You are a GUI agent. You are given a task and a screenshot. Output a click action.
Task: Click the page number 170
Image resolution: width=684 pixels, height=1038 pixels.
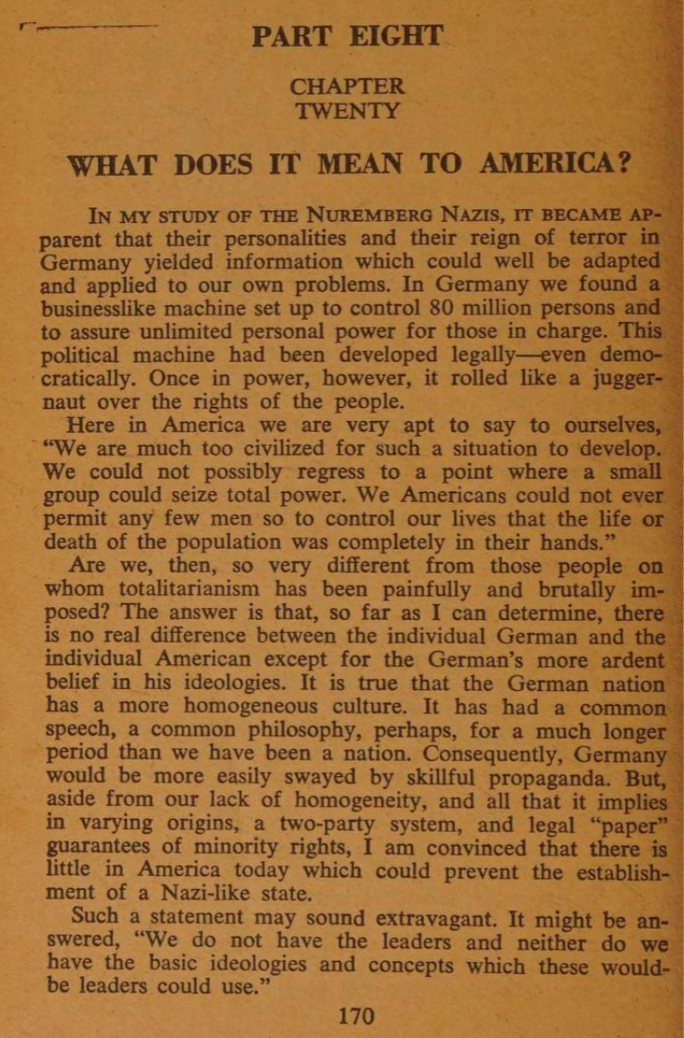pos(356,1017)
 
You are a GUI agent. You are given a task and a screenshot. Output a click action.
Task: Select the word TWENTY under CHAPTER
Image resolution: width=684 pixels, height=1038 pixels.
pos(348,112)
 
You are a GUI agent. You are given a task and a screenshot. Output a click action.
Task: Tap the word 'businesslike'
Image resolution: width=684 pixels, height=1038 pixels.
pos(104,308)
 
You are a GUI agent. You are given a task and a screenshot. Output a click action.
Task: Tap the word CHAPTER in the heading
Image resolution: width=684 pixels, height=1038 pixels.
pos(347,87)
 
